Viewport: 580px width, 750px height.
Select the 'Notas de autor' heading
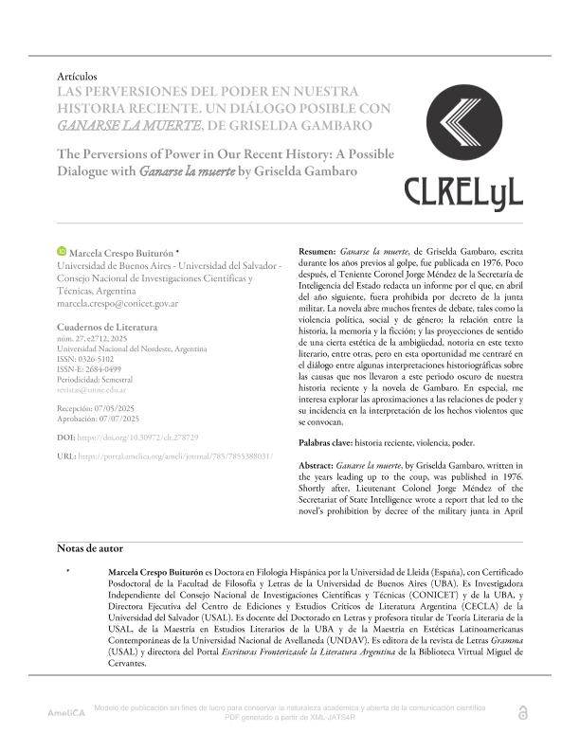90,548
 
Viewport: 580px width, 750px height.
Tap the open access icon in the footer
522,712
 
